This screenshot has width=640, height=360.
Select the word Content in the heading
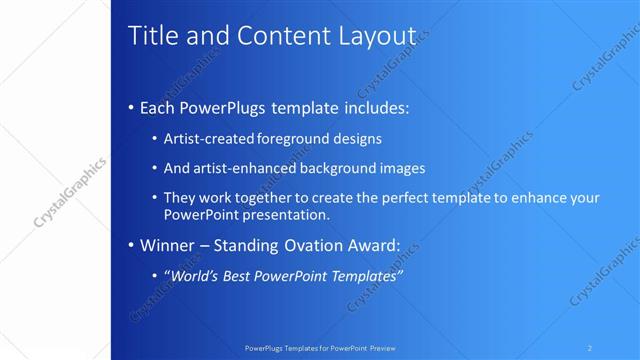(277, 36)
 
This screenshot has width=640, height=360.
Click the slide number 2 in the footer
(590, 348)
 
